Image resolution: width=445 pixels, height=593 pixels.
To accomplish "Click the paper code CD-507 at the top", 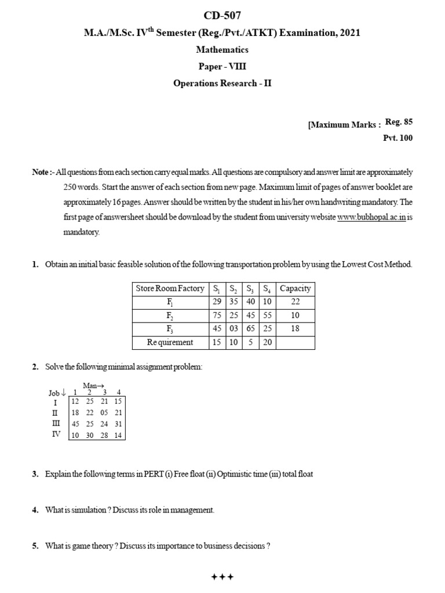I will [222, 15].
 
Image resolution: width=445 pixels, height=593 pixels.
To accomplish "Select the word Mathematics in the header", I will [222, 50].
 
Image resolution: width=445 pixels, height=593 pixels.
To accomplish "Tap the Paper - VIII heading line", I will [222, 66].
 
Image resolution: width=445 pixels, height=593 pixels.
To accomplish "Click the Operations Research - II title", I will [222, 83].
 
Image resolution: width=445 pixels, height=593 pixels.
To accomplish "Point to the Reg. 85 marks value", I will [399, 122].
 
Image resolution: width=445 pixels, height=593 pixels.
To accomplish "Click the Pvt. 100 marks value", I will [398, 138].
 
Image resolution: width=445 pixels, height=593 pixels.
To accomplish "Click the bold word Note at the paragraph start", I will [41, 173].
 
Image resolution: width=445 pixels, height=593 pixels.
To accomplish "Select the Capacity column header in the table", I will [296, 288].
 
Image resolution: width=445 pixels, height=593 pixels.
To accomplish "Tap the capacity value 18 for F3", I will [296, 329].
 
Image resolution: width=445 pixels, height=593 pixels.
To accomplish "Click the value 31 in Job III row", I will [118, 423].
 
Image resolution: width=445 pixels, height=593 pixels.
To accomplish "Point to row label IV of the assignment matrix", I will [57, 434].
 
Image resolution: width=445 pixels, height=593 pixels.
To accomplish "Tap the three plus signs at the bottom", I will [222, 577].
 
